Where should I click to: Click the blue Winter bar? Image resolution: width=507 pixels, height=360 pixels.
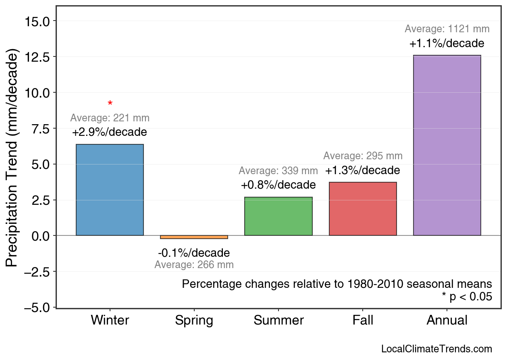click(x=110, y=190)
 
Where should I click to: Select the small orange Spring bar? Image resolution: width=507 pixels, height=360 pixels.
click(x=194, y=237)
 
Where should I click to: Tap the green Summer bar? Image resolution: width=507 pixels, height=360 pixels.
click(x=278, y=216)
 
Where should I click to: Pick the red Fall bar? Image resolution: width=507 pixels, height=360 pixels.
click(x=363, y=209)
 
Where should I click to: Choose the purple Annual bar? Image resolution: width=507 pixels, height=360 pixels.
click(x=447, y=145)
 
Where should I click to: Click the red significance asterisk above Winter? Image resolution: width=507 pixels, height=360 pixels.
click(x=110, y=104)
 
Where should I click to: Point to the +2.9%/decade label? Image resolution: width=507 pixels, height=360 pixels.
click(x=110, y=132)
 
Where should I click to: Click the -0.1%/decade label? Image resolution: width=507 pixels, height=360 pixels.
click(x=194, y=253)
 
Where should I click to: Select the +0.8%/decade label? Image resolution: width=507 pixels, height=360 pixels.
click(x=278, y=185)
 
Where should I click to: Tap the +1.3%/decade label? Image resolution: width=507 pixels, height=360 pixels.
click(x=363, y=171)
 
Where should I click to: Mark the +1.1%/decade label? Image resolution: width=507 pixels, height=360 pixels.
click(x=447, y=44)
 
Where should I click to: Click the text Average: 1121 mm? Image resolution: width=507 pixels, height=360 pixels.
click(x=447, y=29)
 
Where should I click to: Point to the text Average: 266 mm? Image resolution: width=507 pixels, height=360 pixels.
click(x=194, y=265)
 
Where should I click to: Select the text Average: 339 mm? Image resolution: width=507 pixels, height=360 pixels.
click(x=278, y=171)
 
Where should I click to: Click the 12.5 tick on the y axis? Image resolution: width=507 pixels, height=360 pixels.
click(x=37, y=57)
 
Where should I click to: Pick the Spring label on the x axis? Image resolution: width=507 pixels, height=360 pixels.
click(x=194, y=320)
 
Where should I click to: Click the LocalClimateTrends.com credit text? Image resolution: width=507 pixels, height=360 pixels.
click(x=436, y=349)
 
